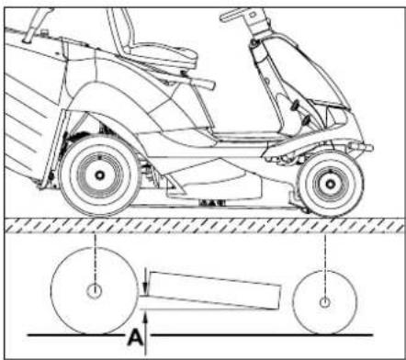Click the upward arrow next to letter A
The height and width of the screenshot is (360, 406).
click(x=146, y=323)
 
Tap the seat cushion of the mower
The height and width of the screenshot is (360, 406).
click(x=161, y=58)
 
